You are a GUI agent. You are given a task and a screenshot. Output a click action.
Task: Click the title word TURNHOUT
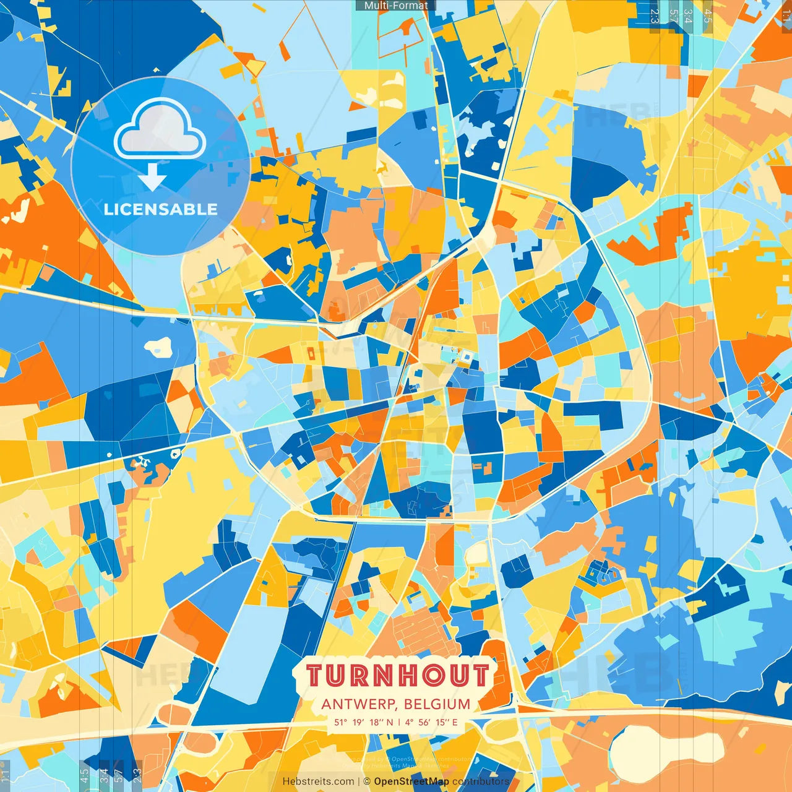398,676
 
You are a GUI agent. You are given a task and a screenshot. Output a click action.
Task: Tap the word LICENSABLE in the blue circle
161,209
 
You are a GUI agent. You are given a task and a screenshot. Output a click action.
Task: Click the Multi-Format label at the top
396,6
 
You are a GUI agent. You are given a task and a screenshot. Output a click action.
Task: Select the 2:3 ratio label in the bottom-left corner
137,775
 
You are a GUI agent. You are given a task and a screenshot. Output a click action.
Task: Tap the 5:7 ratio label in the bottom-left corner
118,775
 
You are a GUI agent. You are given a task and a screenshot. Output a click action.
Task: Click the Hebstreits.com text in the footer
318,781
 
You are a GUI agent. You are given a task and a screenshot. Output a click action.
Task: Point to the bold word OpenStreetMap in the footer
411,781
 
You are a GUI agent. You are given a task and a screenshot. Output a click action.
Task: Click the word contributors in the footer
481,781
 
